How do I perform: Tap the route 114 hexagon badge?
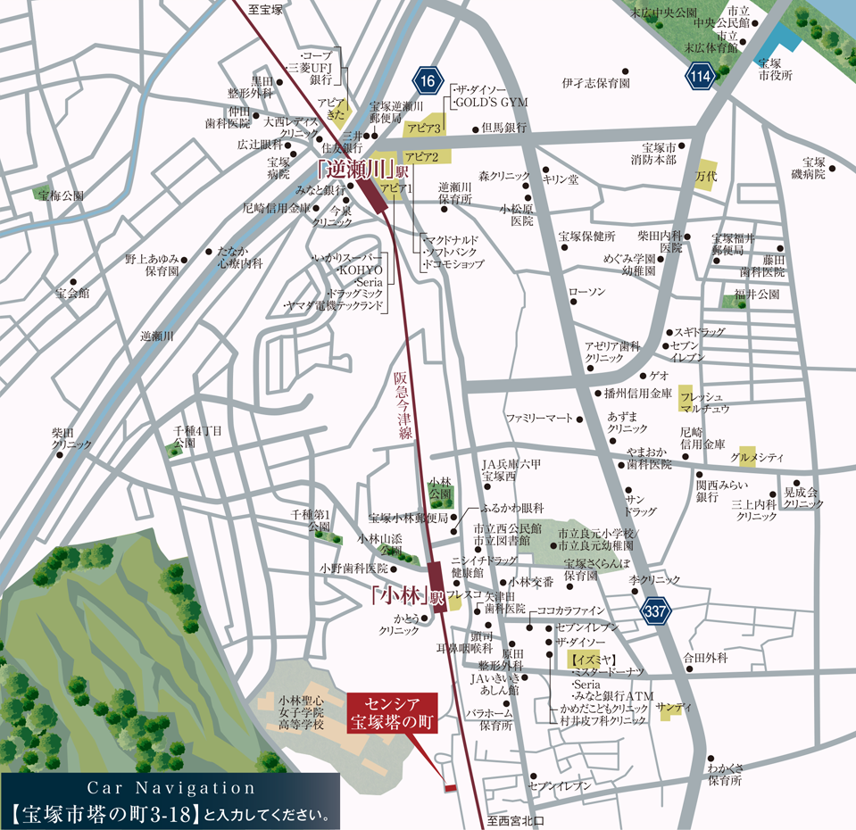point(701,77)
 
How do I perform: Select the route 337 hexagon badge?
point(655,612)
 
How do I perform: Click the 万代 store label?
point(706,176)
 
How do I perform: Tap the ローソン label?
point(586,292)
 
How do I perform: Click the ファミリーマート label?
point(538,418)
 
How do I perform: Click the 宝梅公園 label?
point(62,195)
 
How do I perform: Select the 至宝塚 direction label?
point(265,10)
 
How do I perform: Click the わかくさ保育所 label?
point(724,773)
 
